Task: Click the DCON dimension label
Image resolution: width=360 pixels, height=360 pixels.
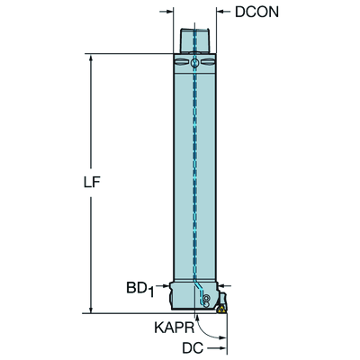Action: click(256, 12)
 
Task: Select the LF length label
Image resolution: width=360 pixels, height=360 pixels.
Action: click(92, 182)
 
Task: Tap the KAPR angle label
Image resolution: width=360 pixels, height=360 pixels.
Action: click(175, 328)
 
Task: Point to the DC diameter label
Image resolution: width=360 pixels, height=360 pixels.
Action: click(193, 348)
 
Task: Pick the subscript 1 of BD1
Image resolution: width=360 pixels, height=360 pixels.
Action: click(151, 292)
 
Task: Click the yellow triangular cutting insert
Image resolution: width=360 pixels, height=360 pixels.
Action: click(222, 310)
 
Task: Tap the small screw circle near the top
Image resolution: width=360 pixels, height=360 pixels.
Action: click(194, 63)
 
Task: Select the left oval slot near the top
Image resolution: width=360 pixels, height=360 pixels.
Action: click(181, 62)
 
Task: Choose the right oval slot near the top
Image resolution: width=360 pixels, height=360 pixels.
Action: click(208, 62)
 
